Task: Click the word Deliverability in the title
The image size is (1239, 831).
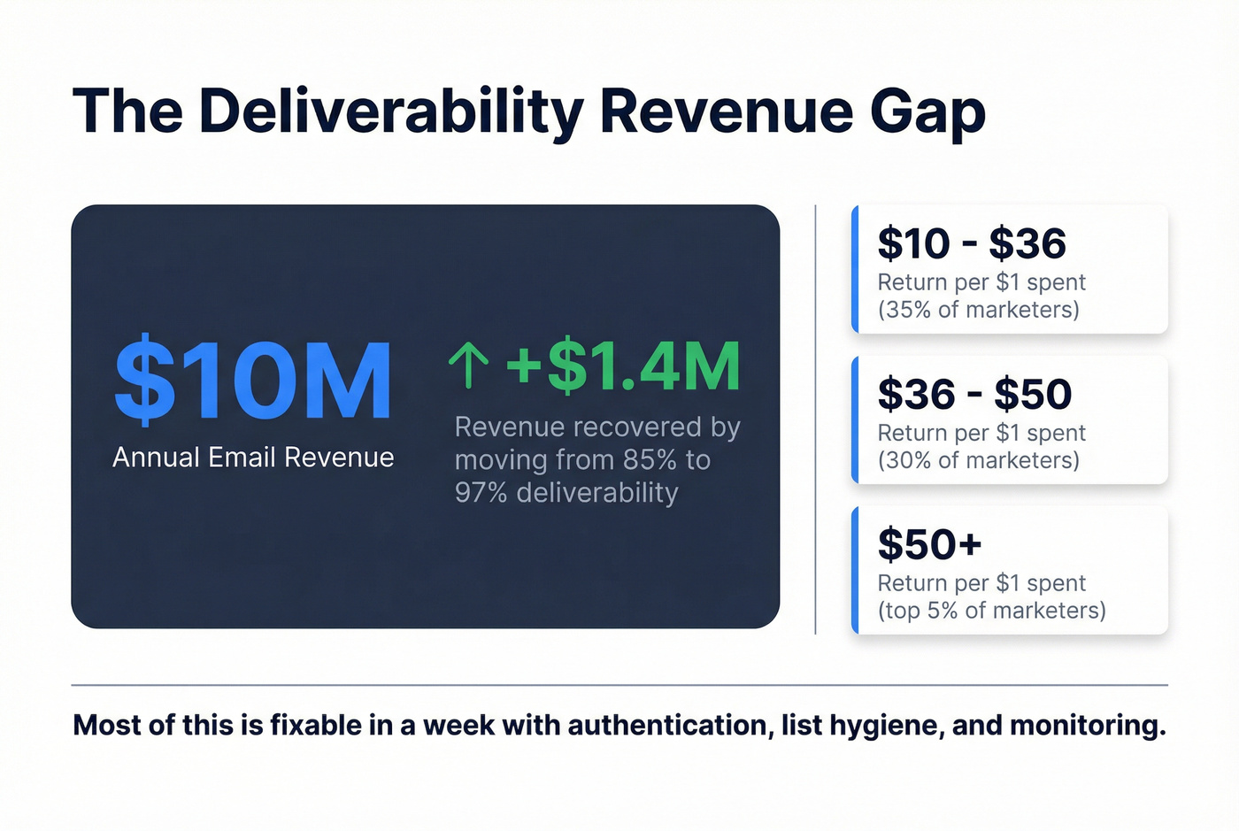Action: coord(390,112)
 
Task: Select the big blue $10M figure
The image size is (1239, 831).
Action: coord(253,381)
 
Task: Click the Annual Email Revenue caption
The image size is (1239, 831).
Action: coord(253,458)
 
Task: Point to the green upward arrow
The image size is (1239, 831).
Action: coord(468,366)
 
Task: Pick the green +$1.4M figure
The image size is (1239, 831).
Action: coord(623,366)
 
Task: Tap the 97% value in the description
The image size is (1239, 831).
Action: coord(481,493)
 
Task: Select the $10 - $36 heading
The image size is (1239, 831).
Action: coord(971,243)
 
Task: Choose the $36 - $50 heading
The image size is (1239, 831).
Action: coord(973,394)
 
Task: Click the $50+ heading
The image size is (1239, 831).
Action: coord(929,544)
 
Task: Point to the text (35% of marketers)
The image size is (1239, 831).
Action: coord(978,310)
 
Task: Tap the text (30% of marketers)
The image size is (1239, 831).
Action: coord(978,460)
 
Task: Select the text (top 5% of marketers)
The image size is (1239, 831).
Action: coord(991,611)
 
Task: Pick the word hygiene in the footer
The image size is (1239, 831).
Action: coord(887,727)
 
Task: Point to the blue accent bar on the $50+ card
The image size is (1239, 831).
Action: coord(855,570)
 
